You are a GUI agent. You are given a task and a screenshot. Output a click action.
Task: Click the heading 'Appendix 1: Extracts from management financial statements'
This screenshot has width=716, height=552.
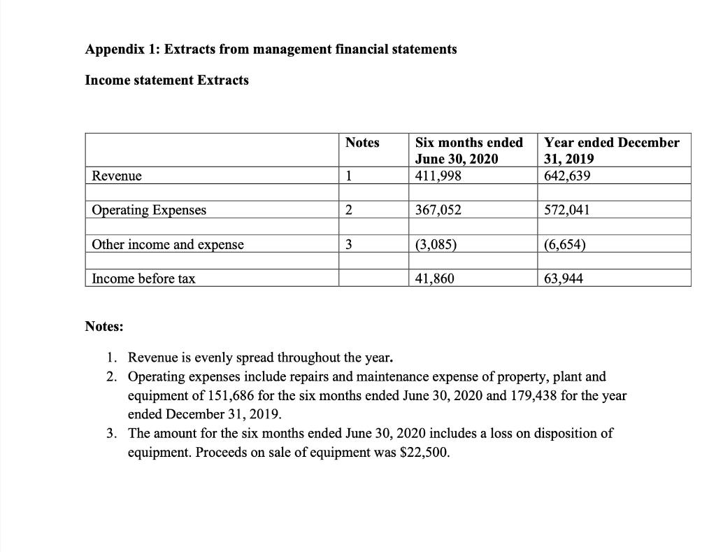(271, 49)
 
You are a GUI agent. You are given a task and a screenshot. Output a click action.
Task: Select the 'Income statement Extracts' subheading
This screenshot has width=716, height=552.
(166, 80)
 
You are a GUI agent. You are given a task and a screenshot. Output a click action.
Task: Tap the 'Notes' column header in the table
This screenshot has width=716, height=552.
(362, 143)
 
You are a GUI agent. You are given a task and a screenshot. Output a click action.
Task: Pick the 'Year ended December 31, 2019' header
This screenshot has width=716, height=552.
(611, 150)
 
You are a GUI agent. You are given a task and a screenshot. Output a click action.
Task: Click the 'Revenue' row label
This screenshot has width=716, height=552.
(117, 176)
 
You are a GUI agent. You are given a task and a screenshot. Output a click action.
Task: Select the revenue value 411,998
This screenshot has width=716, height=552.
(438, 176)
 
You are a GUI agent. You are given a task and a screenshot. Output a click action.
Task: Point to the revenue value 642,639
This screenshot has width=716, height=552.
(567, 176)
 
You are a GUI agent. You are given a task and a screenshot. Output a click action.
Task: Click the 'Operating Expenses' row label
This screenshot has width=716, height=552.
(150, 210)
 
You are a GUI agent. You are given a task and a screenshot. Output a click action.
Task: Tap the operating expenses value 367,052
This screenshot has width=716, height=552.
(438, 210)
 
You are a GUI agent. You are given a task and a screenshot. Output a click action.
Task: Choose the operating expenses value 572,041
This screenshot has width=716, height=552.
(567, 210)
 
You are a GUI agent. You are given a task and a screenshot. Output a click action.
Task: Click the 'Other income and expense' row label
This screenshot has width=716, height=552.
(169, 244)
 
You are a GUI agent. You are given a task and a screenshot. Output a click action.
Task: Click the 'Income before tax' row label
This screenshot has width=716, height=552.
(144, 278)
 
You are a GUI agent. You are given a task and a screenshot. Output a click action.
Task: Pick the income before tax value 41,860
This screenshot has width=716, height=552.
(435, 278)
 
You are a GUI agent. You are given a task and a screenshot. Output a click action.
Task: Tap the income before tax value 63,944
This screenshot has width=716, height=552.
(564, 278)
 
